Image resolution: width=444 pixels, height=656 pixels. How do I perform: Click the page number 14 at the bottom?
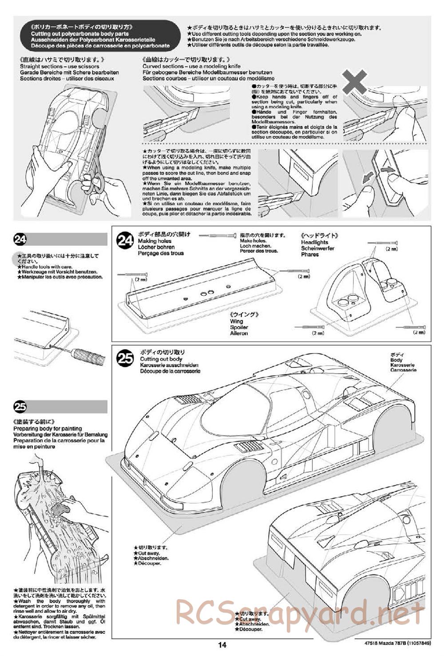(222, 645)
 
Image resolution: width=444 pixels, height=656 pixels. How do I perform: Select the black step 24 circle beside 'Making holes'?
(125, 241)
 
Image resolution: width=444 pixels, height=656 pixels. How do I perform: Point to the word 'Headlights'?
(314, 243)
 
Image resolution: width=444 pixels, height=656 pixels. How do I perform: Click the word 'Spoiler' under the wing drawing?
(239, 327)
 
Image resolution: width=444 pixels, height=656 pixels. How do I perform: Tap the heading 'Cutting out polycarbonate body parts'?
(80, 34)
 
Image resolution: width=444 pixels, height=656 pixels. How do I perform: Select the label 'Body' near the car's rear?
(396, 360)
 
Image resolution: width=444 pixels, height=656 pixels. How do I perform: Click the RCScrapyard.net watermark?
(300, 612)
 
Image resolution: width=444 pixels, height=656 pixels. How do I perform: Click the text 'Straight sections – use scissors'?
(59, 67)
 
